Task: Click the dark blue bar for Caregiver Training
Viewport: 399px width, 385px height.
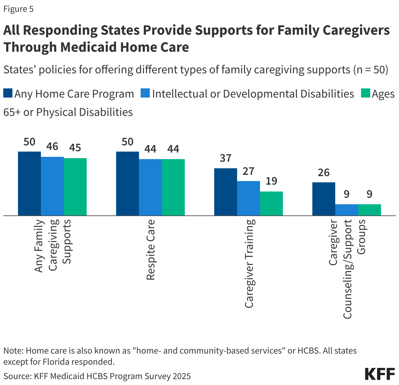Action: (x=225, y=192)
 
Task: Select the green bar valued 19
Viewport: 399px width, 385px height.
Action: (x=271, y=203)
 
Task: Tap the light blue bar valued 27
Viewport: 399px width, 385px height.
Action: (x=248, y=198)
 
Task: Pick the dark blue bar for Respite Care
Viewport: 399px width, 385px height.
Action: (x=127, y=183)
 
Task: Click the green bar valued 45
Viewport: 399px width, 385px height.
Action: (x=75, y=187)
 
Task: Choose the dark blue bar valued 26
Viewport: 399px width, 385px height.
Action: (x=323, y=199)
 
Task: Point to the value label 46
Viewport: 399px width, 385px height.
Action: (x=52, y=146)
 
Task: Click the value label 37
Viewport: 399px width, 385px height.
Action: (x=225, y=158)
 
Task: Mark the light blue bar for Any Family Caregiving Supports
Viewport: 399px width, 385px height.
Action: (x=52, y=186)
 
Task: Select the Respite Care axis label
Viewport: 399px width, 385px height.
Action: (x=150, y=250)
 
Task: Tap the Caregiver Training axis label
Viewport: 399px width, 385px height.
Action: (x=249, y=264)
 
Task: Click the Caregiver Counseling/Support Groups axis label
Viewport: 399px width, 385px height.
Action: (x=347, y=268)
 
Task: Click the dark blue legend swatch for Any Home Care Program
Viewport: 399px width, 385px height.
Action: (x=8, y=93)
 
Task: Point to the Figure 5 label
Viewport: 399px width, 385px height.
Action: (x=18, y=9)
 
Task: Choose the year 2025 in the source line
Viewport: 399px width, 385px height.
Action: (x=182, y=376)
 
